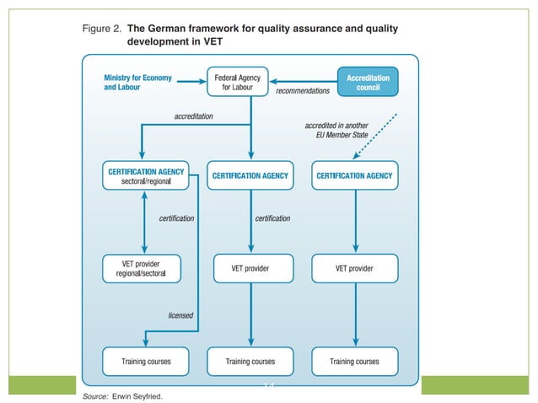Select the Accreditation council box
click(368, 82)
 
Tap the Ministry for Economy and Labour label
click(137, 82)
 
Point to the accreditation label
click(193, 116)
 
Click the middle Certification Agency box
click(250, 175)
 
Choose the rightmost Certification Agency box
click(354, 175)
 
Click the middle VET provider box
click(250, 268)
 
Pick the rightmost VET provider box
click(354, 268)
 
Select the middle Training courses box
click(250, 361)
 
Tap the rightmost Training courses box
click(354, 361)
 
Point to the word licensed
click(180, 315)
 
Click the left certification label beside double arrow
click(176, 218)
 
